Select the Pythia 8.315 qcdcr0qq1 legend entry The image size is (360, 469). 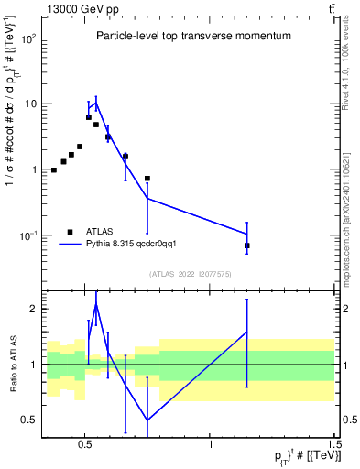(x=119, y=244)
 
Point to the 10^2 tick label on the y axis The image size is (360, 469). (x=29, y=39)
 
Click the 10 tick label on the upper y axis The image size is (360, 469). (x=32, y=104)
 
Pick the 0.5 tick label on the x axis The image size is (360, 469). (x=85, y=444)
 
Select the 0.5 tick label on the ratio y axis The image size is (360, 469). (x=29, y=420)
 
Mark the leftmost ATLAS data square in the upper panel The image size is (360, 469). (x=54, y=169)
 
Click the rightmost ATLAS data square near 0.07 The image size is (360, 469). (x=247, y=245)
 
